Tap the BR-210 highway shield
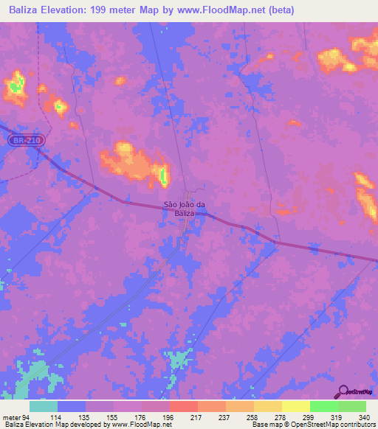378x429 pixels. (25, 139)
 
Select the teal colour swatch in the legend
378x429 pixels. (43, 406)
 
